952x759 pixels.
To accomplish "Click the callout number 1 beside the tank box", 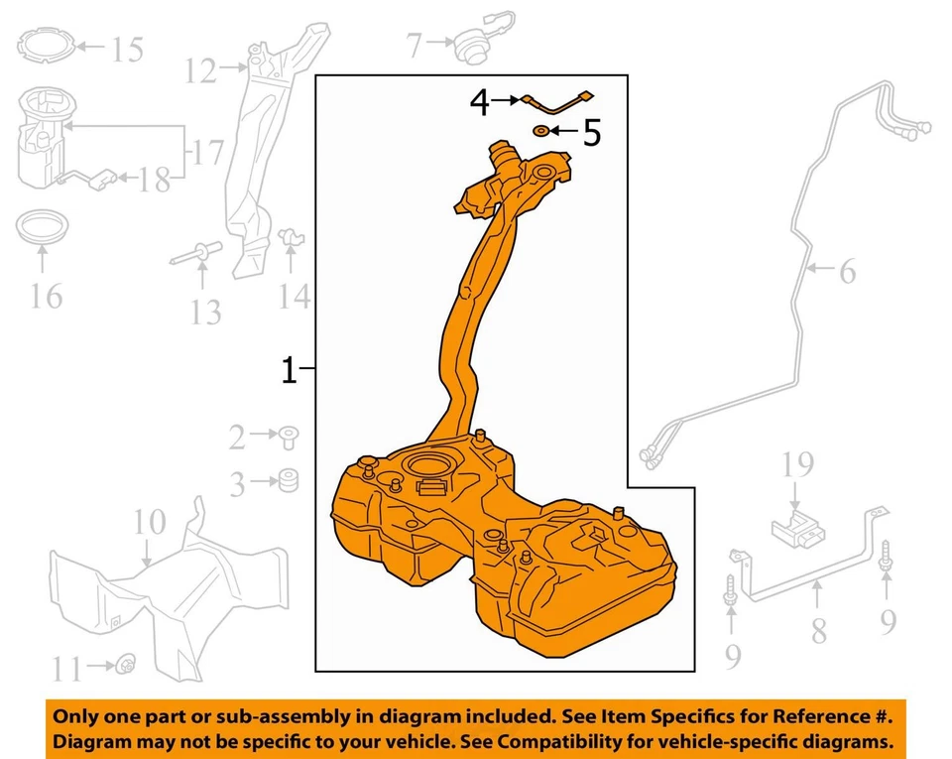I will [x=289, y=371].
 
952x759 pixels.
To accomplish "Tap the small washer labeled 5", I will [x=540, y=131].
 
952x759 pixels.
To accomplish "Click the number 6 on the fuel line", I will [x=847, y=270].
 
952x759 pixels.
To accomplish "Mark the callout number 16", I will [x=46, y=295].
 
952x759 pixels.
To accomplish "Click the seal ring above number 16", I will [x=42, y=227].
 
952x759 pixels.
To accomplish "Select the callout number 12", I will [x=199, y=70].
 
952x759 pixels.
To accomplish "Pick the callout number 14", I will [x=295, y=296].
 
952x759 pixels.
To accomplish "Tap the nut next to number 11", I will [x=126, y=664].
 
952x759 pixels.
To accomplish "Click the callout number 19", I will [x=798, y=463].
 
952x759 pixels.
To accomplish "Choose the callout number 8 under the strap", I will [x=818, y=631].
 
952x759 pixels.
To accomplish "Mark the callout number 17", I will [x=206, y=153].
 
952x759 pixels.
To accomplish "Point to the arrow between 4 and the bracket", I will [x=507, y=100].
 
